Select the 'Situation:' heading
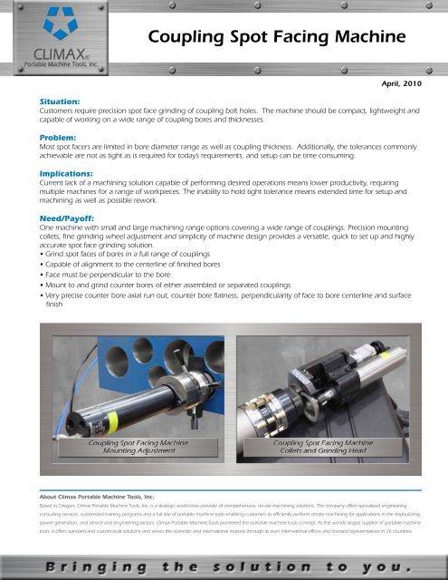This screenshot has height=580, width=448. [x=52, y=102]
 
